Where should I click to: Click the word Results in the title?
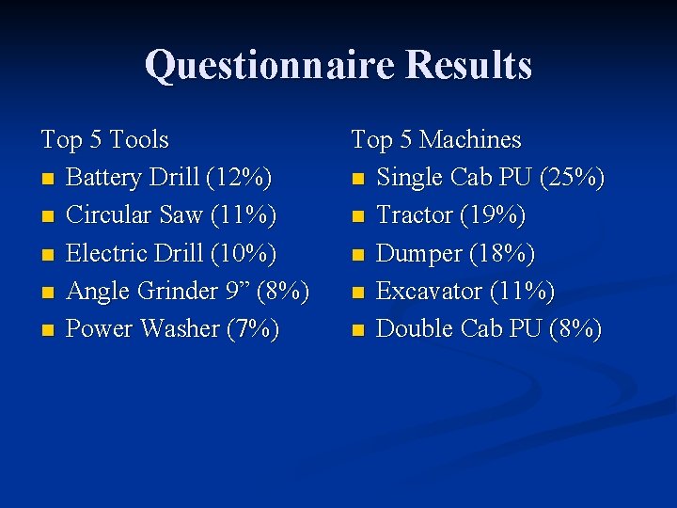468,65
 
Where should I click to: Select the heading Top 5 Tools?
104,140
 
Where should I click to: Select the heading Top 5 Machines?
435,140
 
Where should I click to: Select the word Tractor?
415,215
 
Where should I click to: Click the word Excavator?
429,292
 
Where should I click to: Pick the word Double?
414,329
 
